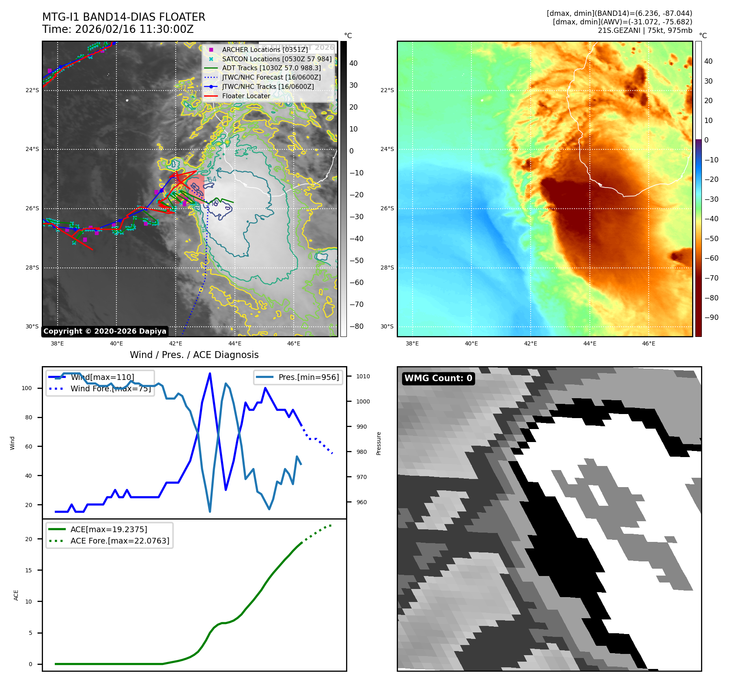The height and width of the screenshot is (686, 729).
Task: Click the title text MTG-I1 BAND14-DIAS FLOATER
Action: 124,17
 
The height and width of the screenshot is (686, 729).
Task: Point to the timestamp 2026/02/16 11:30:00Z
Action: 134,30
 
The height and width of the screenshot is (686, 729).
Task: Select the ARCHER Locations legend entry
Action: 265,50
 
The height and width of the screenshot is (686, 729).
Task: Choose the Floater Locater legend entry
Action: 246,96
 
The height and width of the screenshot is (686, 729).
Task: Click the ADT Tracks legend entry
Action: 271,68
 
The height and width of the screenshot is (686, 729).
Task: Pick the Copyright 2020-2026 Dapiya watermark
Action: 105,331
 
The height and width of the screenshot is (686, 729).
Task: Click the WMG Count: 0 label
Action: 438,378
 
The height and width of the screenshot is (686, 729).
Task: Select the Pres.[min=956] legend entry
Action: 308,377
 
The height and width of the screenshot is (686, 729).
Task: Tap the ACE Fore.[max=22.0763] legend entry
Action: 120,541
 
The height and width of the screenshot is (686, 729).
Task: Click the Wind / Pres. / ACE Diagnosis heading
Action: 194,355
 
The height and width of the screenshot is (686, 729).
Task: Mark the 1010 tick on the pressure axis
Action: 363,376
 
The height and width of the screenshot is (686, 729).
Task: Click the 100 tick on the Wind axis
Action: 27,388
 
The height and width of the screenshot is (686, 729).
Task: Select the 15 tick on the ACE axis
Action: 28,570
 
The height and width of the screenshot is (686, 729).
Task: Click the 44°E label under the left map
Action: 234,344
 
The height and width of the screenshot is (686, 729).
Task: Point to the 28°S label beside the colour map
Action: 387,267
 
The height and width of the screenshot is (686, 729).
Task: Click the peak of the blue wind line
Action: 210,373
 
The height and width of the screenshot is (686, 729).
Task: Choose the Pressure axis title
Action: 378,443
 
